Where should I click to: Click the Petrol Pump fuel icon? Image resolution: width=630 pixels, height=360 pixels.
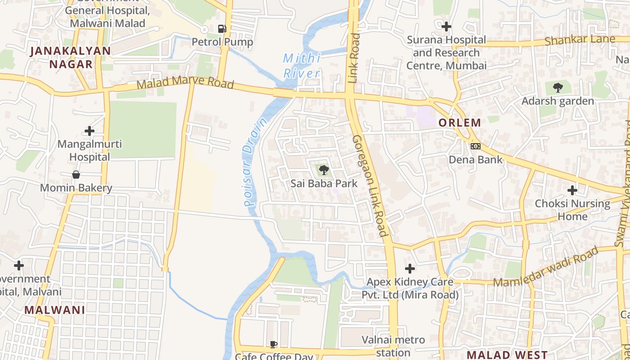(x=222, y=28)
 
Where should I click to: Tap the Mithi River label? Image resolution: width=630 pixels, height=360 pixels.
(x=302, y=66)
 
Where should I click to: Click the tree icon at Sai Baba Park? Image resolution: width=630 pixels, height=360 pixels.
(x=324, y=170)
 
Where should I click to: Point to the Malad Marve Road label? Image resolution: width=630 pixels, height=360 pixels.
(x=185, y=84)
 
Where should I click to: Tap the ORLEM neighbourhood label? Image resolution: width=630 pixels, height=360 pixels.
(x=459, y=122)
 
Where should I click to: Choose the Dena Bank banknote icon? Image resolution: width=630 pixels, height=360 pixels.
(x=476, y=146)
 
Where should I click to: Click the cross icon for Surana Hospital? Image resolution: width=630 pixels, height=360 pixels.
(x=446, y=27)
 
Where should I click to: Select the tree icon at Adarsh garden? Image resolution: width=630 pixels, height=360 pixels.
(x=558, y=87)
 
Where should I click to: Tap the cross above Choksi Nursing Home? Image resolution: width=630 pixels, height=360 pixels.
(x=572, y=190)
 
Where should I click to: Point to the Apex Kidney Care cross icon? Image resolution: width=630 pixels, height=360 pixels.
(x=409, y=269)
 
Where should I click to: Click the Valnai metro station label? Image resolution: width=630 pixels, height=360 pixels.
(x=393, y=346)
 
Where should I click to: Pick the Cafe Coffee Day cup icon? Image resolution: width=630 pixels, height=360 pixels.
(x=273, y=344)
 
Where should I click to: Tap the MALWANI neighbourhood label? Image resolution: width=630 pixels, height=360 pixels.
(x=54, y=310)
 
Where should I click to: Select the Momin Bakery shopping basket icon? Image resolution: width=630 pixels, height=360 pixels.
(x=76, y=175)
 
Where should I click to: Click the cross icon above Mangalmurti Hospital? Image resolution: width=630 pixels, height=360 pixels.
(x=90, y=131)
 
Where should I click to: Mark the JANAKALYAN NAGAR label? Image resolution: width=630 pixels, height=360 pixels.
(x=70, y=58)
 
